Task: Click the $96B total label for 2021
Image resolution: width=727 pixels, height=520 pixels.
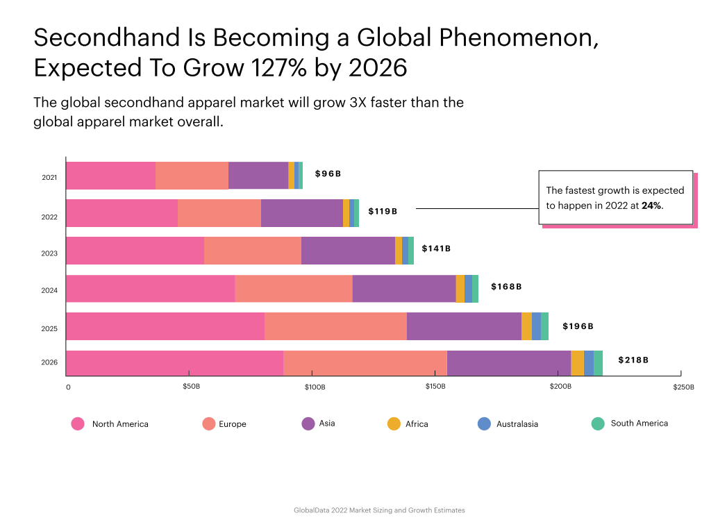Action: tap(328, 174)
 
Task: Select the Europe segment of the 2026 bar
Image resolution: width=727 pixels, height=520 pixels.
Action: tap(365, 364)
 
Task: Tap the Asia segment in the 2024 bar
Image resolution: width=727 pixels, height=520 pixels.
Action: tap(404, 288)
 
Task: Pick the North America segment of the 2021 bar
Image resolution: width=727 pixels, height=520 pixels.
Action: tap(110, 175)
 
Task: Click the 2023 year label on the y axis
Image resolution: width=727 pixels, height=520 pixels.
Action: tap(49, 253)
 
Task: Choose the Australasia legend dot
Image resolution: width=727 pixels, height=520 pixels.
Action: tap(485, 423)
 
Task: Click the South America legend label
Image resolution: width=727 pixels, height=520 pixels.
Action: tap(639, 423)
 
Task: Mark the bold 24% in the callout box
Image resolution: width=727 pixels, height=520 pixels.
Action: tap(651, 206)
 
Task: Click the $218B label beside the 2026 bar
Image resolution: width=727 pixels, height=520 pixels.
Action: tap(633, 360)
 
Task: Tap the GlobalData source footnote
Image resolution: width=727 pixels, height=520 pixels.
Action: tap(379, 510)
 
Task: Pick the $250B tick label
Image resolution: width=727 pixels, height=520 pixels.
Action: tap(683, 386)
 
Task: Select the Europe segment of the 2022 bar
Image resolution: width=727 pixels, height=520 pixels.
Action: tap(219, 213)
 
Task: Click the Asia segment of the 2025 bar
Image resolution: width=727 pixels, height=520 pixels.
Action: tap(464, 326)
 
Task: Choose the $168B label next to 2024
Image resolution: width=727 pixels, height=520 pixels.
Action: tap(506, 287)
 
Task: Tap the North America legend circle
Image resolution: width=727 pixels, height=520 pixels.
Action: tap(78, 423)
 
